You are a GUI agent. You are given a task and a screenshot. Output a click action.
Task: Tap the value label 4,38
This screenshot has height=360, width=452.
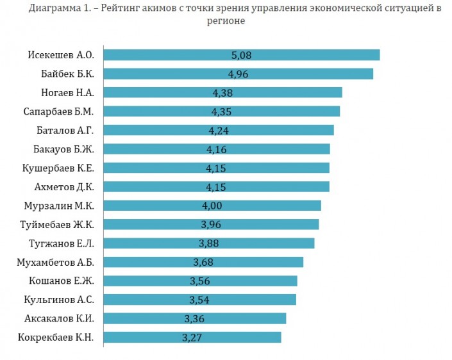point(222,93)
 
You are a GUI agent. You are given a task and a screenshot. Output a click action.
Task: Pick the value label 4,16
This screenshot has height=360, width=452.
point(217,149)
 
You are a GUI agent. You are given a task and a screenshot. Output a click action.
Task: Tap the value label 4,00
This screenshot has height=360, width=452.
point(212,206)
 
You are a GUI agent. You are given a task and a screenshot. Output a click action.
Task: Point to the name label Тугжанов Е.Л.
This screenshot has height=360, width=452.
point(62,243)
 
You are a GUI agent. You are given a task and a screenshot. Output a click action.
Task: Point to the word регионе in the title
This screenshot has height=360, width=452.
point(226,20)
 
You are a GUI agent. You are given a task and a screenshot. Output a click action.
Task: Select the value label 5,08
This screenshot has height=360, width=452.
point(241,55)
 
